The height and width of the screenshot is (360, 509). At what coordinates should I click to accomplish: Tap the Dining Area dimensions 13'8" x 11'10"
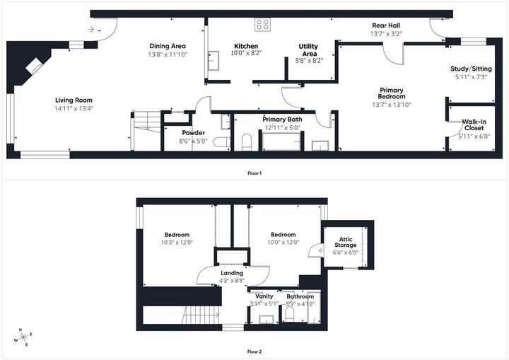pyautogui.click(x=168, y=54)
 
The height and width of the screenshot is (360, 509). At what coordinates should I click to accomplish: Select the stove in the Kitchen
pyautogui.click(x=262, y=24)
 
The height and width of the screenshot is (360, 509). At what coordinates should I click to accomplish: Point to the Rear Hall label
pyautogui.click(x=387, y=25)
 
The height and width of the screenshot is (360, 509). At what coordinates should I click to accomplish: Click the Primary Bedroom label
pyautogui.click(x=392, y=93)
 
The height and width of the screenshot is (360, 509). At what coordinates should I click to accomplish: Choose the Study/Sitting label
pyautogui.click(x=469, y=69)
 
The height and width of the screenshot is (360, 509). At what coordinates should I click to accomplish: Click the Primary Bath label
pyautogui.click(x=283, y=120)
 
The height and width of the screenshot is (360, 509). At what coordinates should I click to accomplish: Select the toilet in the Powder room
pyautogui.click(x=221, y=142)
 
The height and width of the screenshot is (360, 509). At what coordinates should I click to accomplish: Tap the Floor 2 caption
pyautogui.click(x=255, y=352)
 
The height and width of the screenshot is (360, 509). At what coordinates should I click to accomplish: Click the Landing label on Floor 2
pyautogui.click(x=232, y=272)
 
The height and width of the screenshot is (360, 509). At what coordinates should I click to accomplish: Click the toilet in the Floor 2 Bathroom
pyautogui.click(x=290, y=313)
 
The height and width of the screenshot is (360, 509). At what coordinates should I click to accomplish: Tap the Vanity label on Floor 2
pyautogui.click(x=264, y=296)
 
